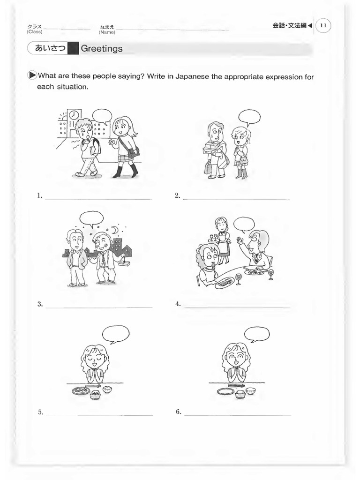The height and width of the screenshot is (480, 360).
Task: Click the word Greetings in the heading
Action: (102, 48)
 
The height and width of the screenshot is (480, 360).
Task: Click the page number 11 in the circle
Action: (323, 26)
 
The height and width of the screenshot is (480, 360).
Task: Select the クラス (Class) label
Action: (35, 29)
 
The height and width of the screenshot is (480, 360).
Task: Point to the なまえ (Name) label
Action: (107, 29)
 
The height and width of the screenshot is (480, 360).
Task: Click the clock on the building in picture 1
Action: (75, 115)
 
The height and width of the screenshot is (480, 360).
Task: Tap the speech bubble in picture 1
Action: (102, 115)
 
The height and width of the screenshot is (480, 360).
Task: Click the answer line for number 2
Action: (236, 199)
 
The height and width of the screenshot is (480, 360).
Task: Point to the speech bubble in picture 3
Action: (91, 218)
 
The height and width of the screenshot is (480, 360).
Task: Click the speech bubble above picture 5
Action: (115, 334)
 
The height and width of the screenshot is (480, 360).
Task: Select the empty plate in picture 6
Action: (225, 391)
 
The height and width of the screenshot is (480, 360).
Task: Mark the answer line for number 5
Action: (99, 414)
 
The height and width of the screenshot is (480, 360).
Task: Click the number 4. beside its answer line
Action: (178, 304)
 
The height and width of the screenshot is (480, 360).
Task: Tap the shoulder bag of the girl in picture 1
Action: (133, 151)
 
